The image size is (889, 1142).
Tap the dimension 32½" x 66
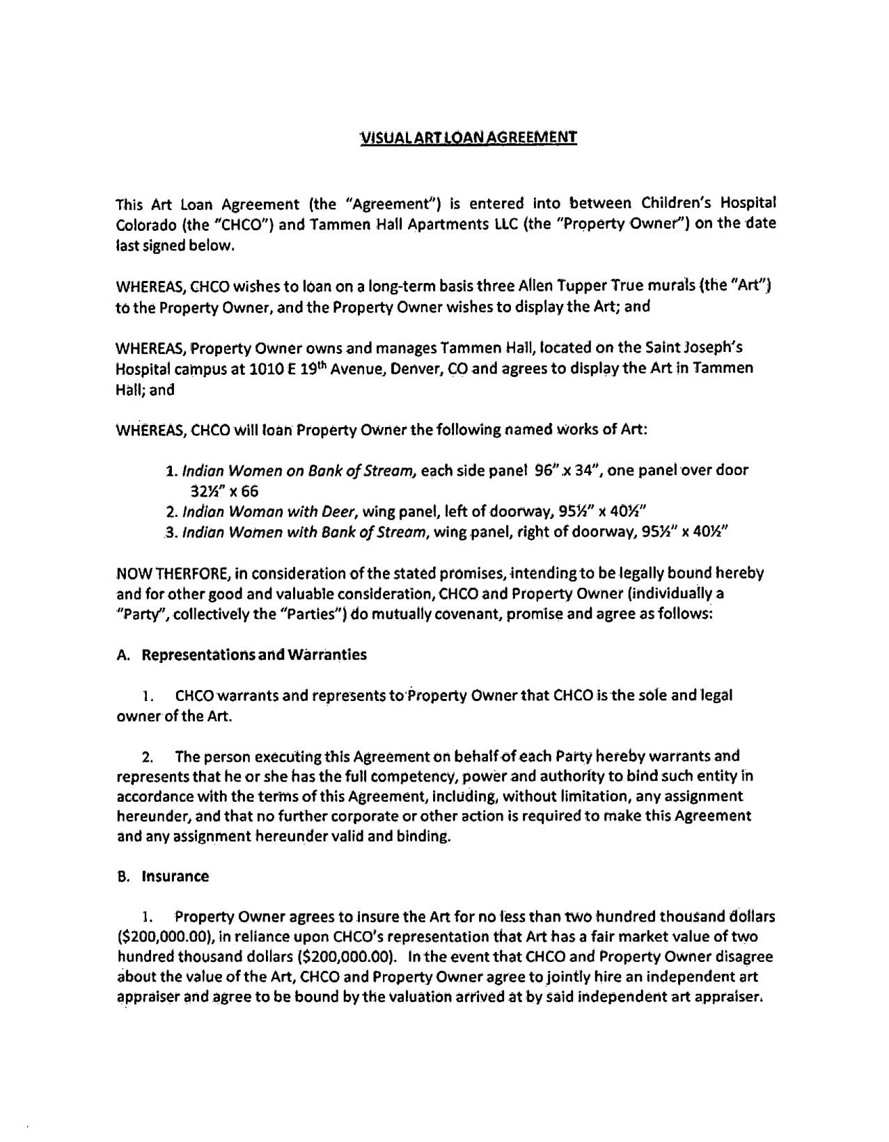[x=224, y=492]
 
